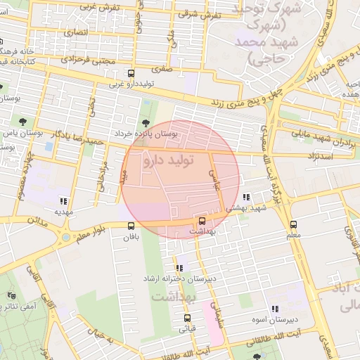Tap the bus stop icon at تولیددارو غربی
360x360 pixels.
pos(131,73)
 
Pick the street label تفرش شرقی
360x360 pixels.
pos(199,14)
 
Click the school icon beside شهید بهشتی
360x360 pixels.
pos(246,198)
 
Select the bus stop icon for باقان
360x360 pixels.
pos(131,226)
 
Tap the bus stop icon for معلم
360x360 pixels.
pos(293,225)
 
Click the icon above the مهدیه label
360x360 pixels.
pos(64,200)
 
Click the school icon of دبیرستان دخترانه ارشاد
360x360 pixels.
pos(179,268)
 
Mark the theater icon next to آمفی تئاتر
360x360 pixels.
pos(11,296)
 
